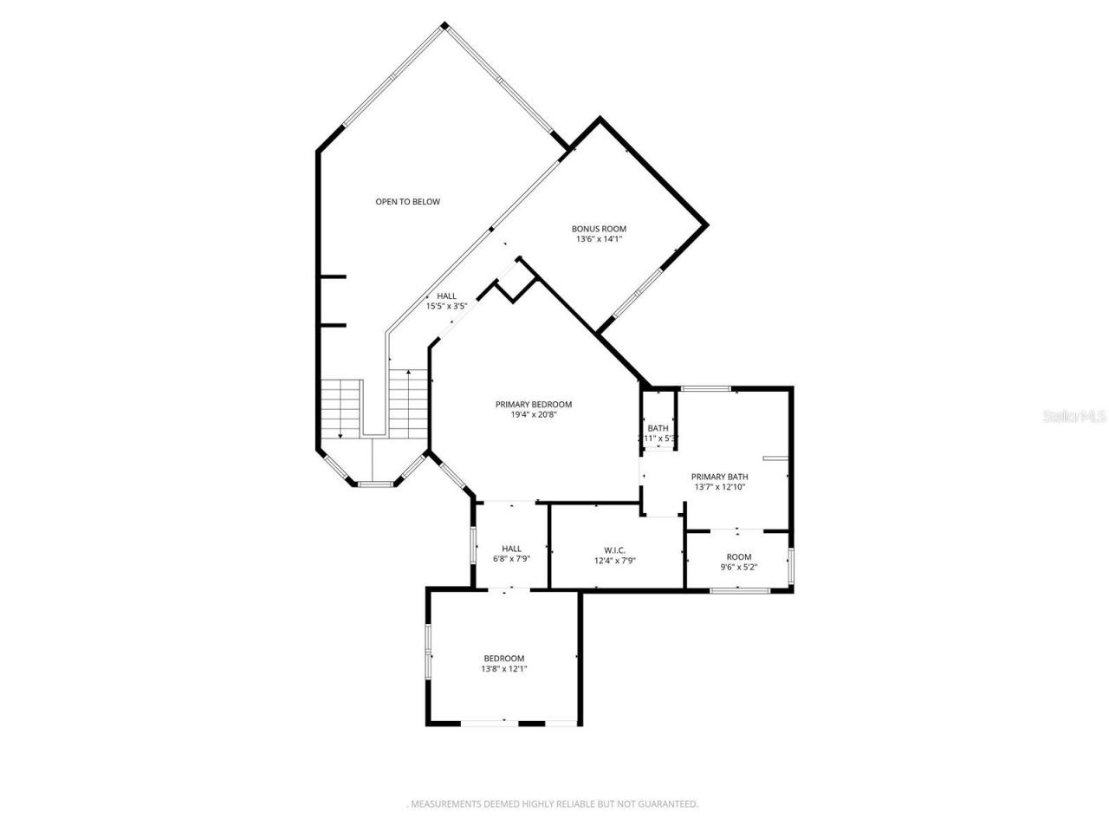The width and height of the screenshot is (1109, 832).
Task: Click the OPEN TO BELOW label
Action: (407, 202)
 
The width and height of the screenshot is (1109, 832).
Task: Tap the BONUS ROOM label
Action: (599, 229)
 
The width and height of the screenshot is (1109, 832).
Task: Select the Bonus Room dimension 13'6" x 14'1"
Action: (599, 239)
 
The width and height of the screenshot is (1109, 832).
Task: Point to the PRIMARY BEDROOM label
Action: (534, 404)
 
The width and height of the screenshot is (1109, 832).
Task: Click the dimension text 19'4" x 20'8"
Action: (534, 414)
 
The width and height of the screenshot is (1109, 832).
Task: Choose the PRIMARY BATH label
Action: (719, 477)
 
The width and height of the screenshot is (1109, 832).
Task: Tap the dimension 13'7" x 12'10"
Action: (719, 487)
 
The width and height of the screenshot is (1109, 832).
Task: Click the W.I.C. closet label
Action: (615, 550)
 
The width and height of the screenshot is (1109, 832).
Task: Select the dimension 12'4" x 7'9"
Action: (615, 561)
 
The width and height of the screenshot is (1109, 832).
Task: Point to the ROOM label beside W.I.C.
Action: (738, 557)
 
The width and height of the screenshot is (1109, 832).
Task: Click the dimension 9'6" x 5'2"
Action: (738, 568)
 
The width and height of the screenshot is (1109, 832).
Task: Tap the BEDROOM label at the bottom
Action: (503, 659)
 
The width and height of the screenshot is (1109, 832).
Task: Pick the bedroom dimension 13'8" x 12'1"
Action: (504, 669)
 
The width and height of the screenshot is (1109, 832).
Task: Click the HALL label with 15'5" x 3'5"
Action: (446, 296)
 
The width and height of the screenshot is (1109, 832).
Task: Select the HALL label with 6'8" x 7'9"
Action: (511, 549)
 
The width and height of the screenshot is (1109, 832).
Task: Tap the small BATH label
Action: (658, 428)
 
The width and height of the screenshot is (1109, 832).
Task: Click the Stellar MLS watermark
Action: (1074, 417)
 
